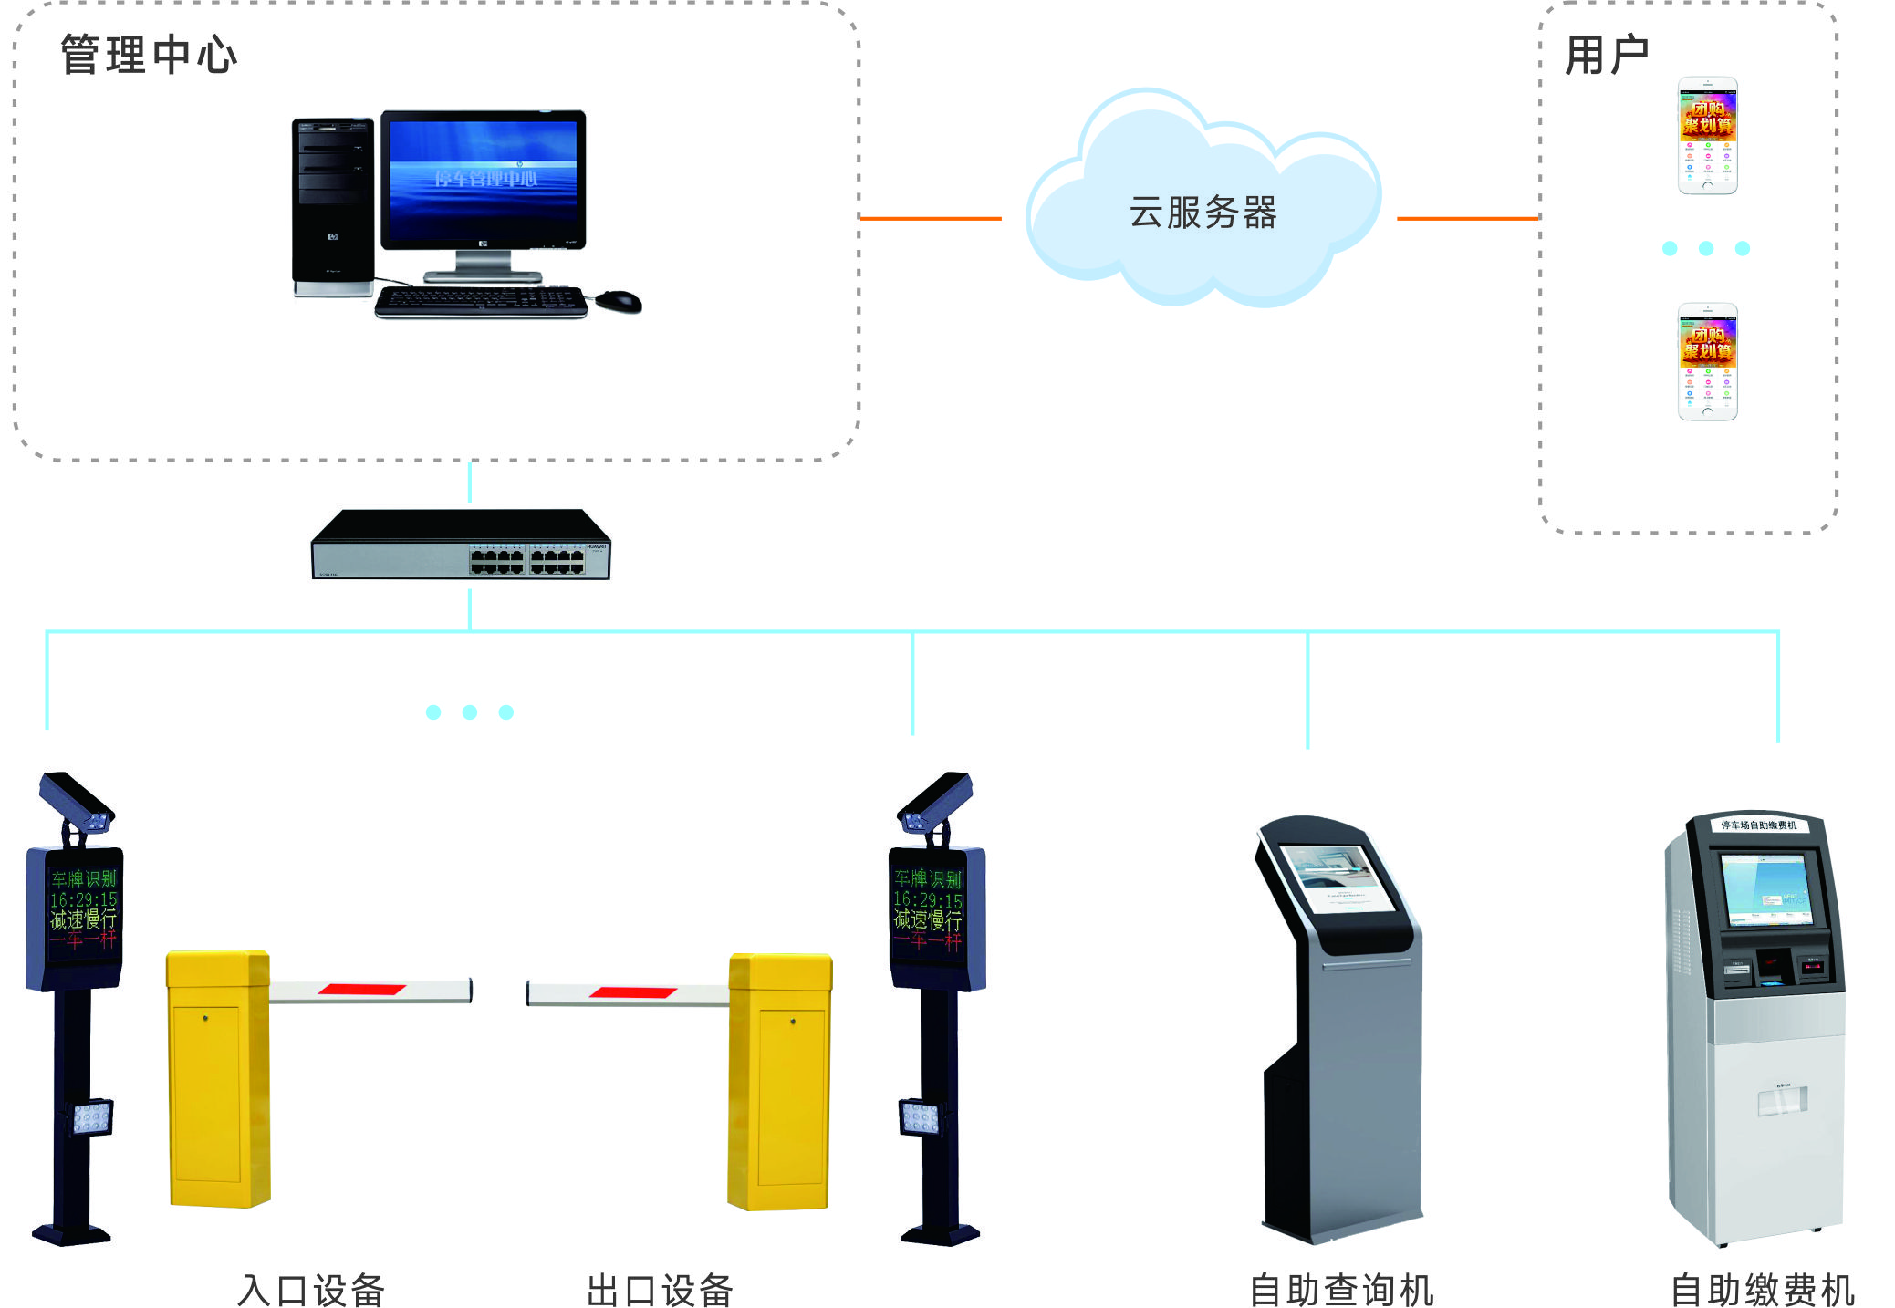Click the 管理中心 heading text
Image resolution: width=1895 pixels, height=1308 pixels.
(149, 55)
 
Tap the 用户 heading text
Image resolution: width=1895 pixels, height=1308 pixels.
(1606, 55)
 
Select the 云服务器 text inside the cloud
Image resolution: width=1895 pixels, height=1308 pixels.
(1203, 213)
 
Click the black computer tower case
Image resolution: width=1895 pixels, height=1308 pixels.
(333, 205)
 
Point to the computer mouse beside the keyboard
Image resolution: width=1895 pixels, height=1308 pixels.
(620, 300)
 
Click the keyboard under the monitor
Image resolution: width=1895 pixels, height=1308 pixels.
(481, 301)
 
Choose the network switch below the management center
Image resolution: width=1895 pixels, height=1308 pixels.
(461, 545)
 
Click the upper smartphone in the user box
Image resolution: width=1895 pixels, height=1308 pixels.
(1707, 135)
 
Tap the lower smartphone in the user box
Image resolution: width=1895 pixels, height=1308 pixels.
(1707, 362)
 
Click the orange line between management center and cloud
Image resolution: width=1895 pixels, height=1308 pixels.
(931, 219)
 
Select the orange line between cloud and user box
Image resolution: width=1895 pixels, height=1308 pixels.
(1467, 219)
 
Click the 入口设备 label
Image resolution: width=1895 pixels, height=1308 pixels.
(311, 1290)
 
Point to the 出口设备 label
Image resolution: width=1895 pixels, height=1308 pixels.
(660, 1290)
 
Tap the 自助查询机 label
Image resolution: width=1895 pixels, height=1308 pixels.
(1341, 1290)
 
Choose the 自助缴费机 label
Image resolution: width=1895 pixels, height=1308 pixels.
(1762, 1290)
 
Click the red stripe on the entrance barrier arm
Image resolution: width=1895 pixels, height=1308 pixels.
(361, 990)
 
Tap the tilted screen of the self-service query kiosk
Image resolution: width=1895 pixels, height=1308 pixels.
(1338, 877)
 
